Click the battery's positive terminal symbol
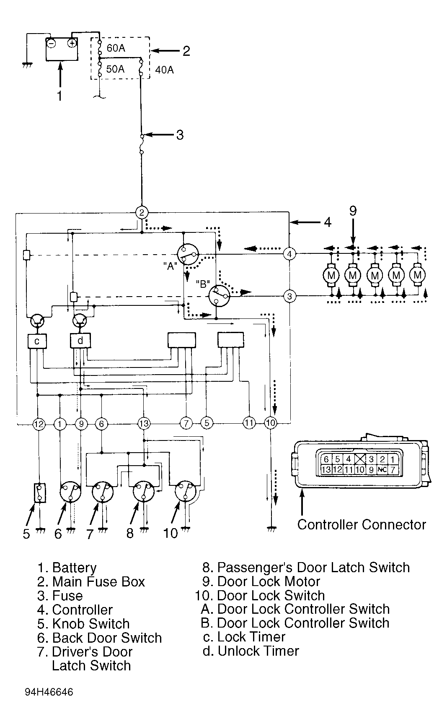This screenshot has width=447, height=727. [x=72, y=43]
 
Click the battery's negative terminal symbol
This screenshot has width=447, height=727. [x=51, y=43]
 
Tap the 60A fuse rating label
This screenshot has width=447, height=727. [x=116, y=48]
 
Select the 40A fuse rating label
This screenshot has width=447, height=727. [x=164, y=70]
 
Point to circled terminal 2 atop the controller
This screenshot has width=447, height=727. [x=142, y=212]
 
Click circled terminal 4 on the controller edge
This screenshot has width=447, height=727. [x=289, y=254]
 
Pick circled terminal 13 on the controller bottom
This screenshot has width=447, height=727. [x=144, y=424]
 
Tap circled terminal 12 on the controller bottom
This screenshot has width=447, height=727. [x=39, y=424]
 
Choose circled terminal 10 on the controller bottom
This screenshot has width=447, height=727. [x=271, y=423]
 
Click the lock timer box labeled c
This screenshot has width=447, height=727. [x=37, y=341]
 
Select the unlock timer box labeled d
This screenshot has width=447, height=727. [x=80, y=341]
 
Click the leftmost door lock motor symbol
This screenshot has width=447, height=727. [x=331, y=276]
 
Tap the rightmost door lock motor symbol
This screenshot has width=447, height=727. [x=417, y=275]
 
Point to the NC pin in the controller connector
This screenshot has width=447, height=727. [x=382, y=470]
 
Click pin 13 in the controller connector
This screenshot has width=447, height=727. [x=326, y=470]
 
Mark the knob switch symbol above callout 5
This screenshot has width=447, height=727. [x=39, y=493]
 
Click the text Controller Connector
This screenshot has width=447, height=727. [x=362, y=524]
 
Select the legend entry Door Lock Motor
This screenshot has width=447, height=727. [x=269, y=582]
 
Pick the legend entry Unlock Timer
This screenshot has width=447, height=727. [x=258, y=651]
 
